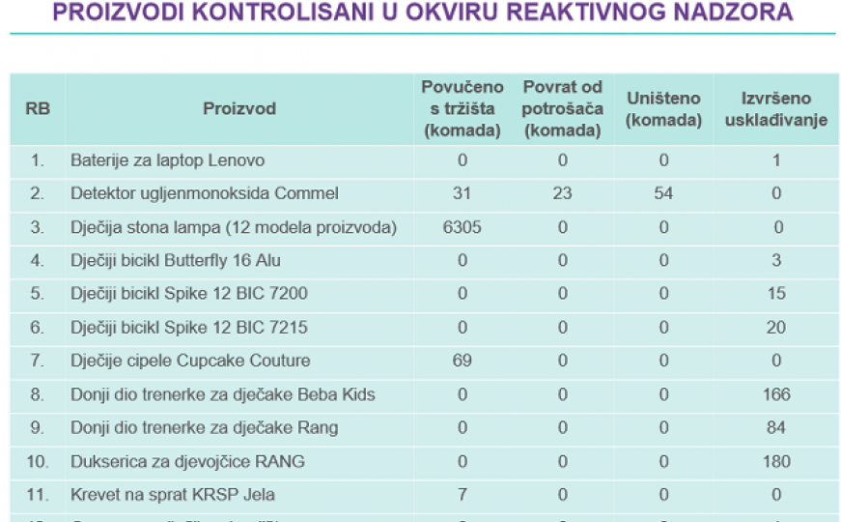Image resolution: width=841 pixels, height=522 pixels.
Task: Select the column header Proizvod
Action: click(x=239, y=108)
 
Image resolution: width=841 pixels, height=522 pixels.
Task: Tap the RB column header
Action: click(x=38, y=108)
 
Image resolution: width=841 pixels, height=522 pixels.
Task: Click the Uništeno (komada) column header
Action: click(x=663, y=109)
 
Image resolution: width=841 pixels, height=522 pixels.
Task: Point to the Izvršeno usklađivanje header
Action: click(x=776, y=109)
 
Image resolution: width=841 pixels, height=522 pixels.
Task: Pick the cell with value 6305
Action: click(x=462, y=227)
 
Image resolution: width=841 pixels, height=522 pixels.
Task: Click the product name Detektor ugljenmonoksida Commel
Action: click(x=205, y=193)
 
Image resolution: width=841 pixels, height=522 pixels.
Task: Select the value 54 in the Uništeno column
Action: click(x=663, y=193)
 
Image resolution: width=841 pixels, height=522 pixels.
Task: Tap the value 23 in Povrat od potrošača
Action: click(x=562, y=193)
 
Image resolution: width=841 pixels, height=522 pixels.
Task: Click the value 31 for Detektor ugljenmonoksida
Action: click(x=462, y=193)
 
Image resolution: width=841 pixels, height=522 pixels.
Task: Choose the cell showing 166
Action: click(x=776, y=394)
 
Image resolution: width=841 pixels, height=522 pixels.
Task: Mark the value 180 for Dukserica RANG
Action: click(x=776, y=461)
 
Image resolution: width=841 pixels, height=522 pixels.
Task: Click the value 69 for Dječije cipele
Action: click(x=462, y=361)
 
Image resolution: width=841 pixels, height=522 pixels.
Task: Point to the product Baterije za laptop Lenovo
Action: click(x=167, y=160)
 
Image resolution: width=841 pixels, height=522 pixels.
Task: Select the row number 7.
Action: click(x=38, y=361)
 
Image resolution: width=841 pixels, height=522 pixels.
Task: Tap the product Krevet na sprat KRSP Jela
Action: click(x=173, y=495)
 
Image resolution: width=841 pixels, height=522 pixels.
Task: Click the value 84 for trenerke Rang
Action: click(x=776, y=427)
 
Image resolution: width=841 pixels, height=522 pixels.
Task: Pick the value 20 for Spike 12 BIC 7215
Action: click(x=776, y=328)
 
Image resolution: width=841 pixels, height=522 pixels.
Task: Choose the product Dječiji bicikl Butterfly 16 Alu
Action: click(x=176, y=260)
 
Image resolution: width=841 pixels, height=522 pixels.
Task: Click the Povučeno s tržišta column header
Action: click(x=462, y=108)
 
